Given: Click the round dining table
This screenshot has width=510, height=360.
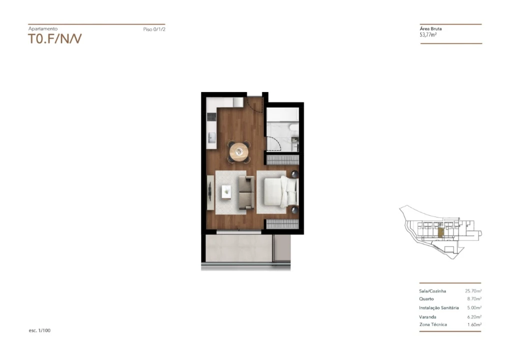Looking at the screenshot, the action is [239, 151].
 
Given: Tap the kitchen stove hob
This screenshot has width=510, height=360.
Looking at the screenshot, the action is [212, 116].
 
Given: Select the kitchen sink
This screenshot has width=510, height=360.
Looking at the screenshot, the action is [212, 137].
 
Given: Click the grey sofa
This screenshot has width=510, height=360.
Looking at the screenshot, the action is [247, 192].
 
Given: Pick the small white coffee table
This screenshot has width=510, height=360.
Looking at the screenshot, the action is [226, 191].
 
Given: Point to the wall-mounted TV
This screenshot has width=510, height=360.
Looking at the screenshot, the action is [210, 192].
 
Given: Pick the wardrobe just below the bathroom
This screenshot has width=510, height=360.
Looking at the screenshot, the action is [283, 160].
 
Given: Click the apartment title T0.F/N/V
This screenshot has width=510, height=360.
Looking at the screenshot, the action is [55, 38].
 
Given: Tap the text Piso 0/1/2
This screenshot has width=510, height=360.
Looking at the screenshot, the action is [154, 29].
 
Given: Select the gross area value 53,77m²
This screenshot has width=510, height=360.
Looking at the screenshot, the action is [428, 34].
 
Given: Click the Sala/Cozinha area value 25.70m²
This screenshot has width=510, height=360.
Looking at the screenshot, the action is [473, 291].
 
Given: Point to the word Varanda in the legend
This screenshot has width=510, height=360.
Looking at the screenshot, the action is [427, 317].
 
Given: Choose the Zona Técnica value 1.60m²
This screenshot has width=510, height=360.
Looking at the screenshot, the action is [474, 324].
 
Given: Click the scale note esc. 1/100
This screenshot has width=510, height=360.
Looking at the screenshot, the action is [40, 330].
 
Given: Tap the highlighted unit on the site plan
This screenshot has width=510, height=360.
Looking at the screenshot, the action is [441, 233].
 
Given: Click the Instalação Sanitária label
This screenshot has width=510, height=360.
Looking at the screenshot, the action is [439, 307].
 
